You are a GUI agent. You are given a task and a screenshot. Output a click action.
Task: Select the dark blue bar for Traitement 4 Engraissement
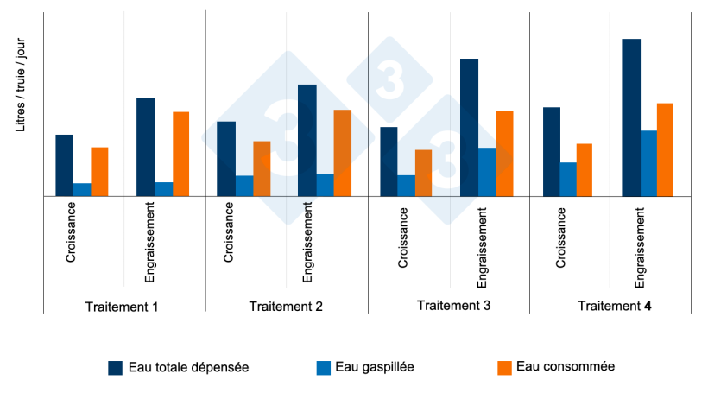point(631,117)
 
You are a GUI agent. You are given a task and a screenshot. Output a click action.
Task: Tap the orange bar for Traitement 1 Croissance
point(99,172)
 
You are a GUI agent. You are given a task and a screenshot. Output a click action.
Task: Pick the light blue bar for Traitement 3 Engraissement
point(487,172)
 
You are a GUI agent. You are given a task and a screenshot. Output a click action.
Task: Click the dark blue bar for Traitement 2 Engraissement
point(307,140)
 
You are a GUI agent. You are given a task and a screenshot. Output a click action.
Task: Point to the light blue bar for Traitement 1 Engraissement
point(164,189)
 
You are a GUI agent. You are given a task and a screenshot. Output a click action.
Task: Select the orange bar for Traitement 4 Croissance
point(585,170)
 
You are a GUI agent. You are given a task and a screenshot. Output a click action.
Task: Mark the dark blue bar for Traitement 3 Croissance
point(389,161)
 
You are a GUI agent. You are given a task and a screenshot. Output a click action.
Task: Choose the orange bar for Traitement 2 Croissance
point(262,168)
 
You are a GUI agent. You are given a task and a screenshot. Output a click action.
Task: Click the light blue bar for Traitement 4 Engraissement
point(648,163)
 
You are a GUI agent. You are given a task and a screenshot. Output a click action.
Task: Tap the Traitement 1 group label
point(122,307)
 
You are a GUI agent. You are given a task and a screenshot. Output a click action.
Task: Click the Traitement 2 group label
point(286,307)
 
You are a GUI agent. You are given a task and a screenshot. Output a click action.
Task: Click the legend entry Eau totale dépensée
point(188,367)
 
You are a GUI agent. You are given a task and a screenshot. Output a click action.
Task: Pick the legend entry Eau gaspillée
point(375,367)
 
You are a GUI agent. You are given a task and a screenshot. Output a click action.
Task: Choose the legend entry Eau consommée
point(566,366)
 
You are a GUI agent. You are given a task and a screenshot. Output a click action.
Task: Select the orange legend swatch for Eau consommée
point(505,367)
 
